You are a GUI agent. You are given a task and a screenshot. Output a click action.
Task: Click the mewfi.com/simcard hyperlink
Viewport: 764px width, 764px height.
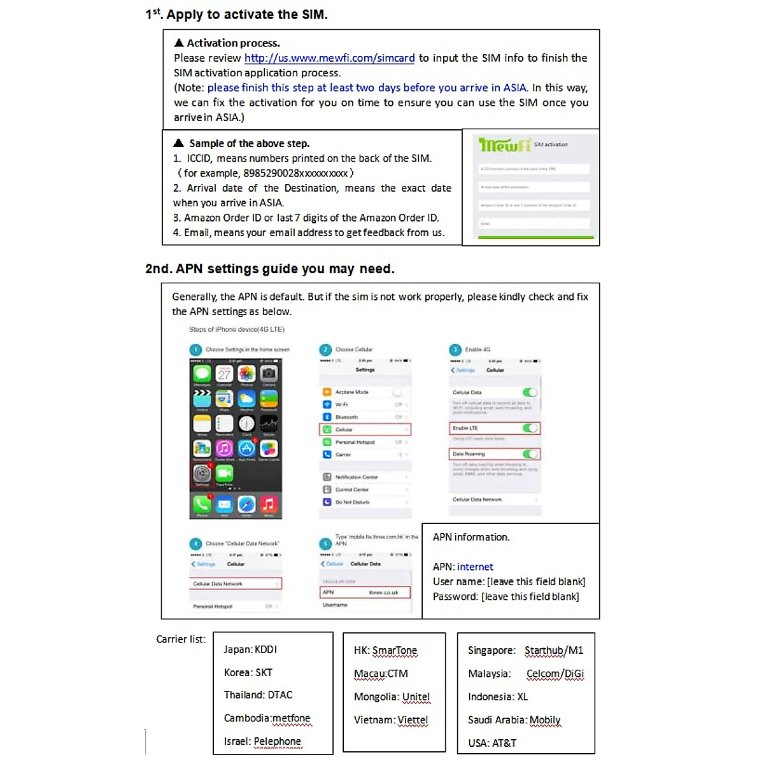click(329, 58)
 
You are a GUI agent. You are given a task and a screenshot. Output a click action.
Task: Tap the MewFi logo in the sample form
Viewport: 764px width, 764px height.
click(504, 145)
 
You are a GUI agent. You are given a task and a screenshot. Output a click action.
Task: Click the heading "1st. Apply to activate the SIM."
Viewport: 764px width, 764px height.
click(236, 14)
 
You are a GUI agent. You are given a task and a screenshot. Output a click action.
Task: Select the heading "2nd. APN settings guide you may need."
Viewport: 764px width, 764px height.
click(270, 269)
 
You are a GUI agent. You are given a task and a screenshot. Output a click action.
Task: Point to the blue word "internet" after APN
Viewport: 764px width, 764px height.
click(475, 567)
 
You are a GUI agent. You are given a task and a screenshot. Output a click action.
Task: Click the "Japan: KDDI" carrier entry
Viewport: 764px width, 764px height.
click(250, 649)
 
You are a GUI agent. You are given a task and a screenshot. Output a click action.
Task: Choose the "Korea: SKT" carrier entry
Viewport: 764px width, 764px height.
click(248, 672)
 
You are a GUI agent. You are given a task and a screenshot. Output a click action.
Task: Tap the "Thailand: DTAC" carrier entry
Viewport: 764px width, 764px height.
click(258, 695)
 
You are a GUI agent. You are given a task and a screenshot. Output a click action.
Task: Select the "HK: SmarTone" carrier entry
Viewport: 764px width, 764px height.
click(385, 650)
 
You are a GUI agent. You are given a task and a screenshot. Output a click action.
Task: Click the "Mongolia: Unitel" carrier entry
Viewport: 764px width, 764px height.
click(392, 697)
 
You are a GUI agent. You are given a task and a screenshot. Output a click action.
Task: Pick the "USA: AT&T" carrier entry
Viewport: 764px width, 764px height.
click(492, 743)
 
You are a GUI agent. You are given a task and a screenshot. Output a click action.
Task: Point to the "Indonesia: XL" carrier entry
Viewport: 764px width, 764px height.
click(498, 697)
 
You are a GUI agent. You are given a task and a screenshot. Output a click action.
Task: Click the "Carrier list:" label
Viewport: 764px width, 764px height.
click(181, 639)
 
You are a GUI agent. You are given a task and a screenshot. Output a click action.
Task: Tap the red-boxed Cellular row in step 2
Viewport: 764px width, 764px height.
click(365, 430)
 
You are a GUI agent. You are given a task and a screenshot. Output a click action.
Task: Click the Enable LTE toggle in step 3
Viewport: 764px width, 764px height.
click(530, 428)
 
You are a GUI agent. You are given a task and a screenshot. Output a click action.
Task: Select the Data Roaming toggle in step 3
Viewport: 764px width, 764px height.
click(530, 454)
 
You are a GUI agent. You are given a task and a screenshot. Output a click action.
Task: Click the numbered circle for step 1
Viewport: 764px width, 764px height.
click(195, 350)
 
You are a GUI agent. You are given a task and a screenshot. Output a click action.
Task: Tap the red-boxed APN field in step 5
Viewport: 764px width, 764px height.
click(365, 592)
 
